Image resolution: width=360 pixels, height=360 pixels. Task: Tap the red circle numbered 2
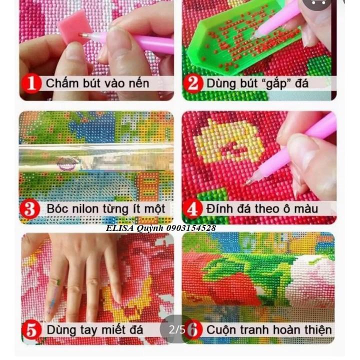[x=193, y=83]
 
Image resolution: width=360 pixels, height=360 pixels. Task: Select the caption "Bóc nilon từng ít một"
[x=105, y=208]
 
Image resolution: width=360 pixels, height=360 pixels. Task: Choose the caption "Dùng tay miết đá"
[x=95, y=330]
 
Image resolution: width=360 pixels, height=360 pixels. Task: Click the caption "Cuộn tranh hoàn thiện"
[x=269, y=330]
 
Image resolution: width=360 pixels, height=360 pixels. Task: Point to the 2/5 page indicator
[x=176, y=329]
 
